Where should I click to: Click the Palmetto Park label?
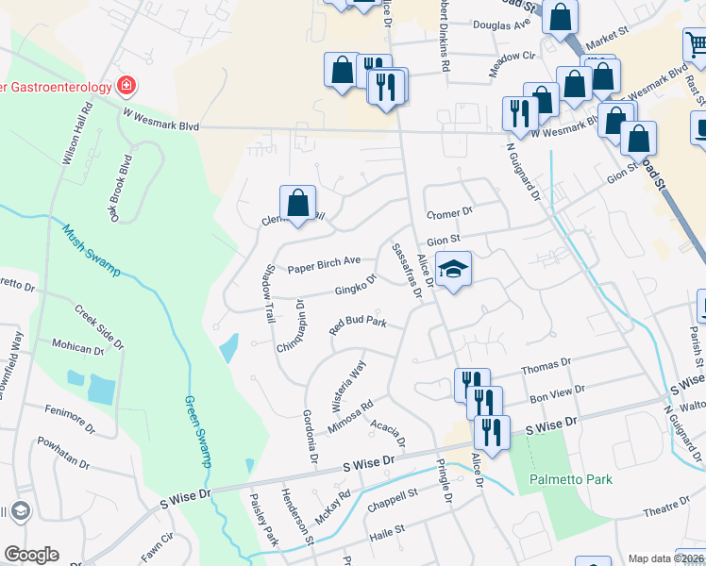[x=570, y=479]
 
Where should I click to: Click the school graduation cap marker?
[x=453, y=270]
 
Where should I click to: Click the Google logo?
[x=31, y=555]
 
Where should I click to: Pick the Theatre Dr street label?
[x=668, y=509]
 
